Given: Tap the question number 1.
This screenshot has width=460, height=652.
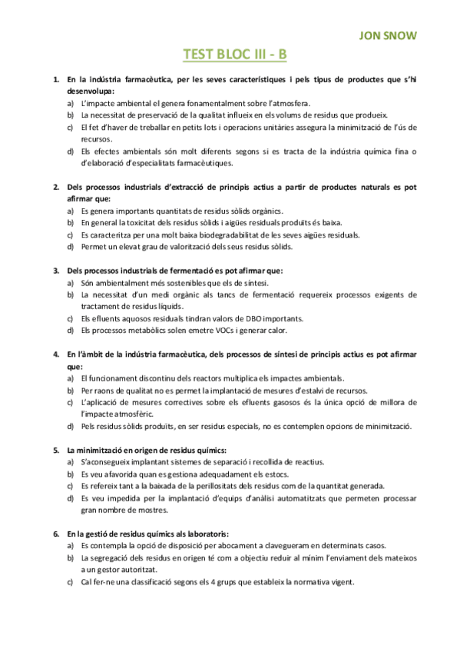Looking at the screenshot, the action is point(55,80).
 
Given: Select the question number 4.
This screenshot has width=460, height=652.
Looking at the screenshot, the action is point(55,354).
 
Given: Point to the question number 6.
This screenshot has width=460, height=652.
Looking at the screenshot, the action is point(55,533).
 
